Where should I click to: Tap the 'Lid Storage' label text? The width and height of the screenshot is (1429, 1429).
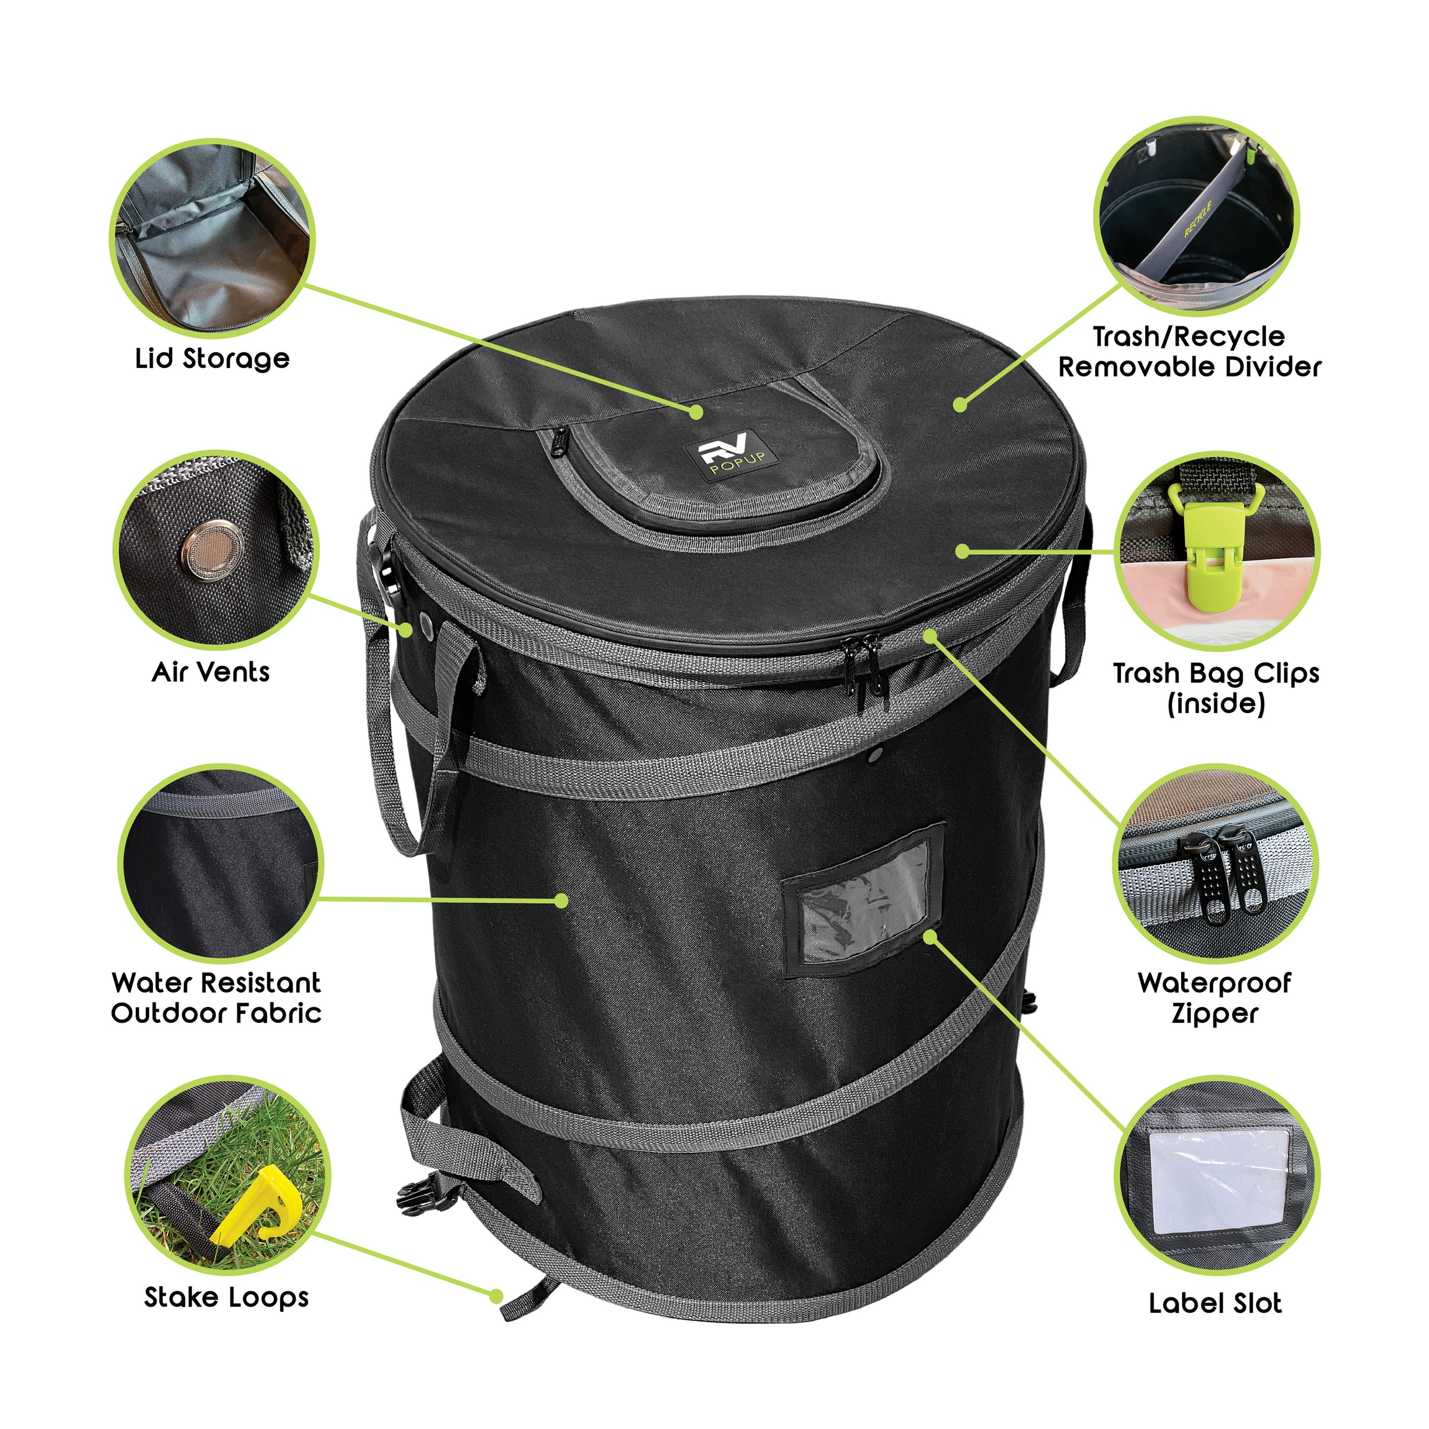[212, 359]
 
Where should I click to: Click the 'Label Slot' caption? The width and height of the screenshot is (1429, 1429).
[1215, 1303]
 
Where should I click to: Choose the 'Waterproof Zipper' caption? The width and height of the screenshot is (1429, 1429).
[1215, 998]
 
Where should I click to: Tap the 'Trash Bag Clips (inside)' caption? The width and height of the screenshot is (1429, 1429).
[1216, 688]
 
